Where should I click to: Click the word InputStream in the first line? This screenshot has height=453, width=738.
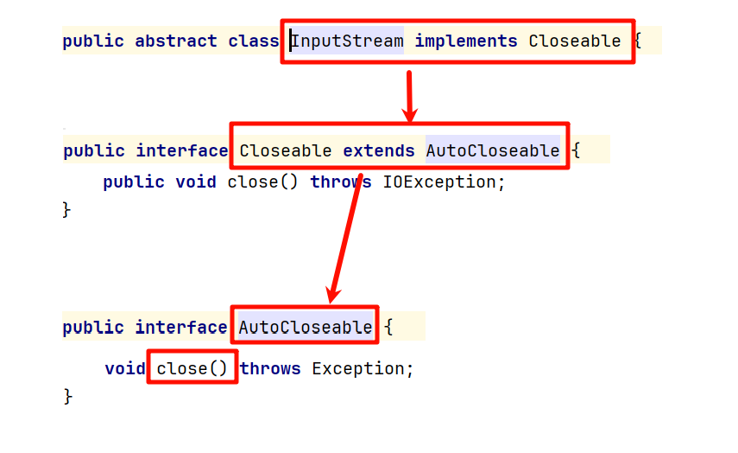(348, 41)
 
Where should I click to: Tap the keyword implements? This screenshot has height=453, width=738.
(466, 41)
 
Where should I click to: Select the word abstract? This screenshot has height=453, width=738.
(176, 41)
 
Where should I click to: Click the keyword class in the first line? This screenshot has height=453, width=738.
(254, 41)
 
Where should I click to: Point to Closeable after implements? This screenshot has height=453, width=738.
(574, 41)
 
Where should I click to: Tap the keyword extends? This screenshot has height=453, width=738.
(379, 150)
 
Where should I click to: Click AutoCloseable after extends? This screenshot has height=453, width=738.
(492, 150)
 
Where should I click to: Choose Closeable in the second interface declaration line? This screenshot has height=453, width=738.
(285, 150)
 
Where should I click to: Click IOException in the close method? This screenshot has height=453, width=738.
(439, 182)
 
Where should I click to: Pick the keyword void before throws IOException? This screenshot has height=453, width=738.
(196, 182)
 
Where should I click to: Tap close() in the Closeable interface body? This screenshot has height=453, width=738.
(264, 182)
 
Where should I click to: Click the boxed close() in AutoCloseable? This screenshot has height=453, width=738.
(192, 368)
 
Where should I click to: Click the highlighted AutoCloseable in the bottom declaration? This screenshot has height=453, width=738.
(306, 327)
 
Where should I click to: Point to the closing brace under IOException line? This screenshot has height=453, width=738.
(67, 209)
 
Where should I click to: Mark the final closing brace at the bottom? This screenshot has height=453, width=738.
(68, 396)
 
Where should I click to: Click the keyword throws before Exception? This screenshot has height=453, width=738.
(270, 368)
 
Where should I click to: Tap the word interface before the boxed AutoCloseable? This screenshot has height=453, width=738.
(181, 327)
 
